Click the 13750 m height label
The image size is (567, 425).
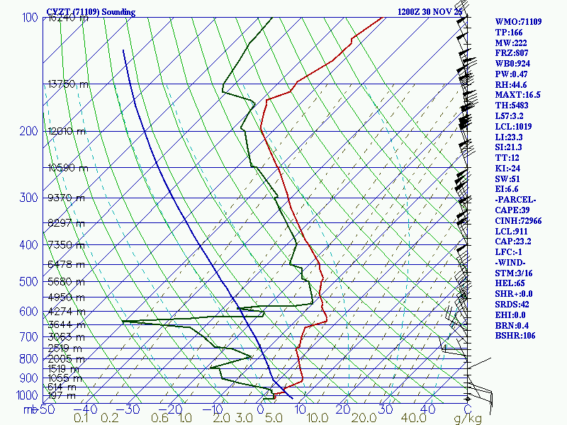pyautogui.click(x=68, y=84)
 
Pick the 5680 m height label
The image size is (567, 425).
pyautogui.click(x=66, y=280)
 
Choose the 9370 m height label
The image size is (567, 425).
pyautogui.click(x=66, y=198)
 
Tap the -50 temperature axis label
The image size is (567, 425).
pyautogui.click(x=45, y=409)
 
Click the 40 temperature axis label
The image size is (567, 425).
pyautogui.click(x=428, y=409)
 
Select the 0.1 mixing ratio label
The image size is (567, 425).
pyautogui.click(x=82, y=418)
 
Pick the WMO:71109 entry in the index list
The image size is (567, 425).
pyautogui.click(x=518, y=22)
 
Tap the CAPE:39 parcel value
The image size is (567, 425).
pyautogui.click(x=511, y=210)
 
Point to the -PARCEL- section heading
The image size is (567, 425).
pyautogui.click(x=515, y=200)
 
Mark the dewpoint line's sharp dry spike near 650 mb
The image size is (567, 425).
pyautogui.click(x=123, y=321)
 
